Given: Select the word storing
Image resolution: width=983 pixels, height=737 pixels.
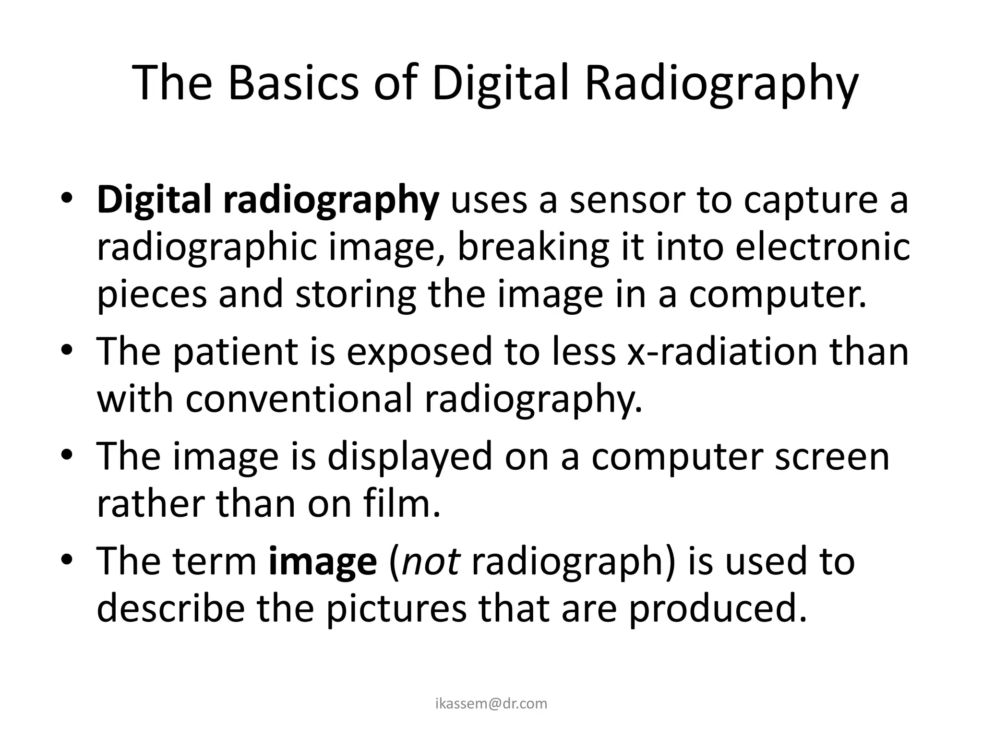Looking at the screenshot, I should [x=356, y=296].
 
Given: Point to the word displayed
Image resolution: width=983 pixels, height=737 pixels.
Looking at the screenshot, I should [x=410, y=457].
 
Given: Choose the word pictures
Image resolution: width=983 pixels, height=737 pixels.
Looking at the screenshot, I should [x=396, y=609].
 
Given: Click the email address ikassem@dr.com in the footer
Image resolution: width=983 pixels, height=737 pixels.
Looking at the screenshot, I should [x=491, y=703].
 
